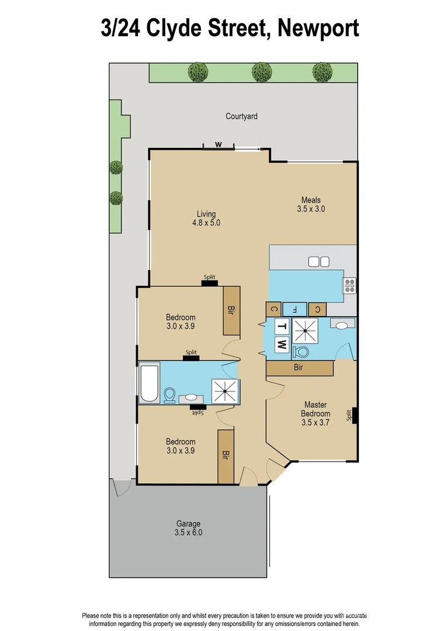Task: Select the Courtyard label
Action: coord(241,116)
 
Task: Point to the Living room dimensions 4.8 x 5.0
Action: coord(206,223)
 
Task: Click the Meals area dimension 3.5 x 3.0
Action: coord(311,209)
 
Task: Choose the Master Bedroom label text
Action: coord(315,409)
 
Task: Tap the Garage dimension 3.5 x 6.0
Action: coord(189,532)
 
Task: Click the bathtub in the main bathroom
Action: coord(148,383)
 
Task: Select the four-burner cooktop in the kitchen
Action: coord(350,285)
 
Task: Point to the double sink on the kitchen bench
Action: coord(319,261)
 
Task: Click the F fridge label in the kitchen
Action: coord(295,308)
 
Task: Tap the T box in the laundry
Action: coord(282,326)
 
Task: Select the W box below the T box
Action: coord(282,344)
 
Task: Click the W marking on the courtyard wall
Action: coord(219,144)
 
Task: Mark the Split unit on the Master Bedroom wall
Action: coord(354,415)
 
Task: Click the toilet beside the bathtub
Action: coord(170,396)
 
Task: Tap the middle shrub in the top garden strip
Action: coord(262,72)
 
